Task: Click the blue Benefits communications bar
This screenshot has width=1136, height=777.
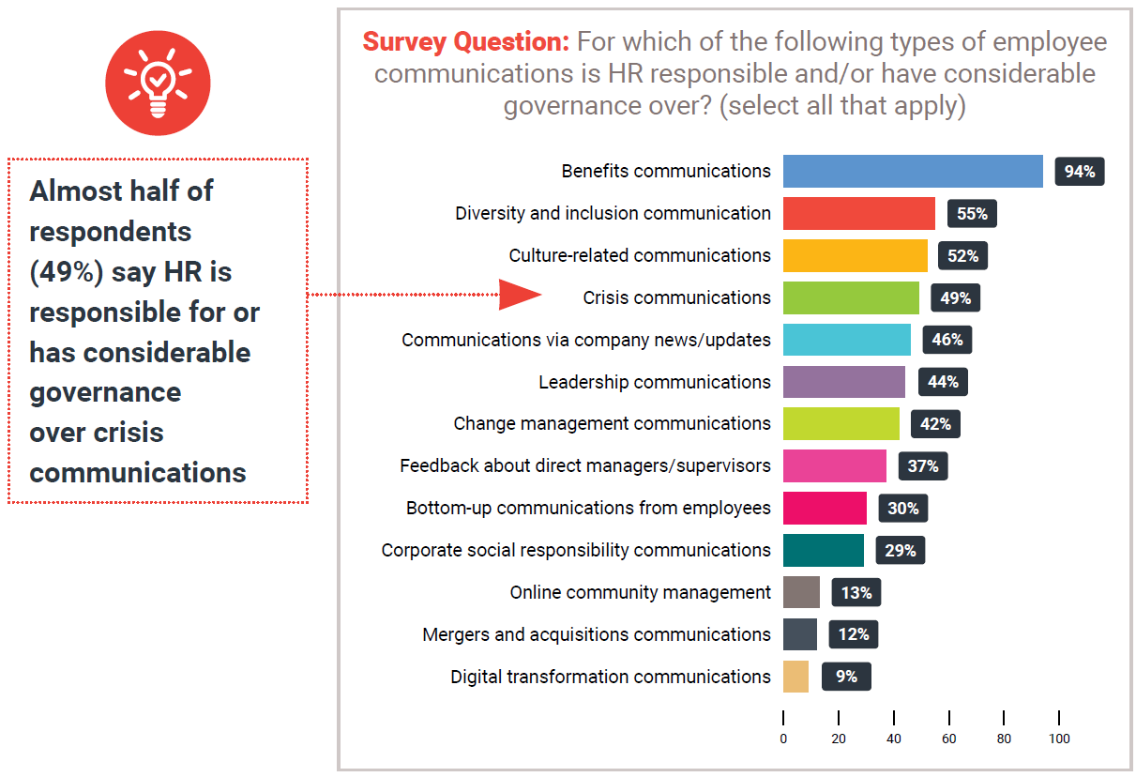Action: [913, 172]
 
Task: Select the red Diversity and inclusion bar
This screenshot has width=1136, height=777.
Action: [858, 214]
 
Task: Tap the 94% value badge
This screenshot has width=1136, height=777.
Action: [1079, 172]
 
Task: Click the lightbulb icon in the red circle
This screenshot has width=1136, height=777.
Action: [158, 84]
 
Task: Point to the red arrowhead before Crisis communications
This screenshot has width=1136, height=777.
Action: [519, 295]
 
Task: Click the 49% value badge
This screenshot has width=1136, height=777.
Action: [955, 298]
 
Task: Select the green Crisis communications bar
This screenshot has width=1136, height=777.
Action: [851, 297]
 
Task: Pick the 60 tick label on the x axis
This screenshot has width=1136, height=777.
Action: [949, 739]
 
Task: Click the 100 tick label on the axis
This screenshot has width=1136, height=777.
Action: [1059, 739]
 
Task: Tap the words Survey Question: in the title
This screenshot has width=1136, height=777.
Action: [465, 42]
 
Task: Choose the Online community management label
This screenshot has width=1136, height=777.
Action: [640, 592]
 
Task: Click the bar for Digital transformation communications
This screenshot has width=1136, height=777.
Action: [795, 677]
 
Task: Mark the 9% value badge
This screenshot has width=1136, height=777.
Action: [846, 677]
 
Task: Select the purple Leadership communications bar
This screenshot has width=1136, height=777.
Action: [844, 382]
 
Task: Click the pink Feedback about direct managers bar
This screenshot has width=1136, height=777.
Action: [835, 465]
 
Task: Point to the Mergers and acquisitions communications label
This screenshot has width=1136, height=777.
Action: [597, 634]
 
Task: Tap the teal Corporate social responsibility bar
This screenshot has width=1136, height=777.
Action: [824, 550]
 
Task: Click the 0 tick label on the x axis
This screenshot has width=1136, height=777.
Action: [783, 739]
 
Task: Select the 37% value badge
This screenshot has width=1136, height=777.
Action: [922, 465]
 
